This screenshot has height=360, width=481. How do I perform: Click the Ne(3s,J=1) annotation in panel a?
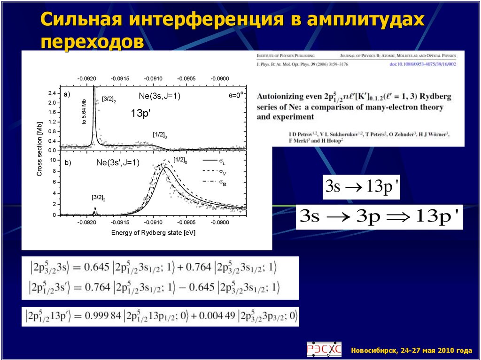(159, 96)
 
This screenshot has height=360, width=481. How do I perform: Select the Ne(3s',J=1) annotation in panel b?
(118, 163)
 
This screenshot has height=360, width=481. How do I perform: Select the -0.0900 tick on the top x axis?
(220, 78)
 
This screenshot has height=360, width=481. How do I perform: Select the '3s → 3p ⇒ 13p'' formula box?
(380, 217)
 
